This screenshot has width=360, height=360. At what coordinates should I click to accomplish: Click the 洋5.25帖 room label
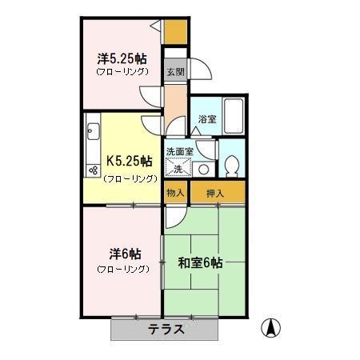122,58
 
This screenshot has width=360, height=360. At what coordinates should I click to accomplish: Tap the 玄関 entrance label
174,71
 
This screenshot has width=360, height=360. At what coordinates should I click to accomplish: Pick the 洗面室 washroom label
179,151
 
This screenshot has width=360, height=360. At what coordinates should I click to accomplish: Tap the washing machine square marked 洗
178,167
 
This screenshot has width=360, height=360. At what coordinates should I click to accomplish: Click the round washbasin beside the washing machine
203,169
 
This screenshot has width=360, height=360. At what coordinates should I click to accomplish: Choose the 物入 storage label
175,193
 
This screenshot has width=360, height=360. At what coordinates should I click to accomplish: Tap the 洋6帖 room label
122,254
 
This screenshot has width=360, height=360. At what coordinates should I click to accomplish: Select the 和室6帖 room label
199,262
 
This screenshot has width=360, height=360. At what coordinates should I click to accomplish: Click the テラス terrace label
166,329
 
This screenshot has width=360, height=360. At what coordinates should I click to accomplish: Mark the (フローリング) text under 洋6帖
122,270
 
